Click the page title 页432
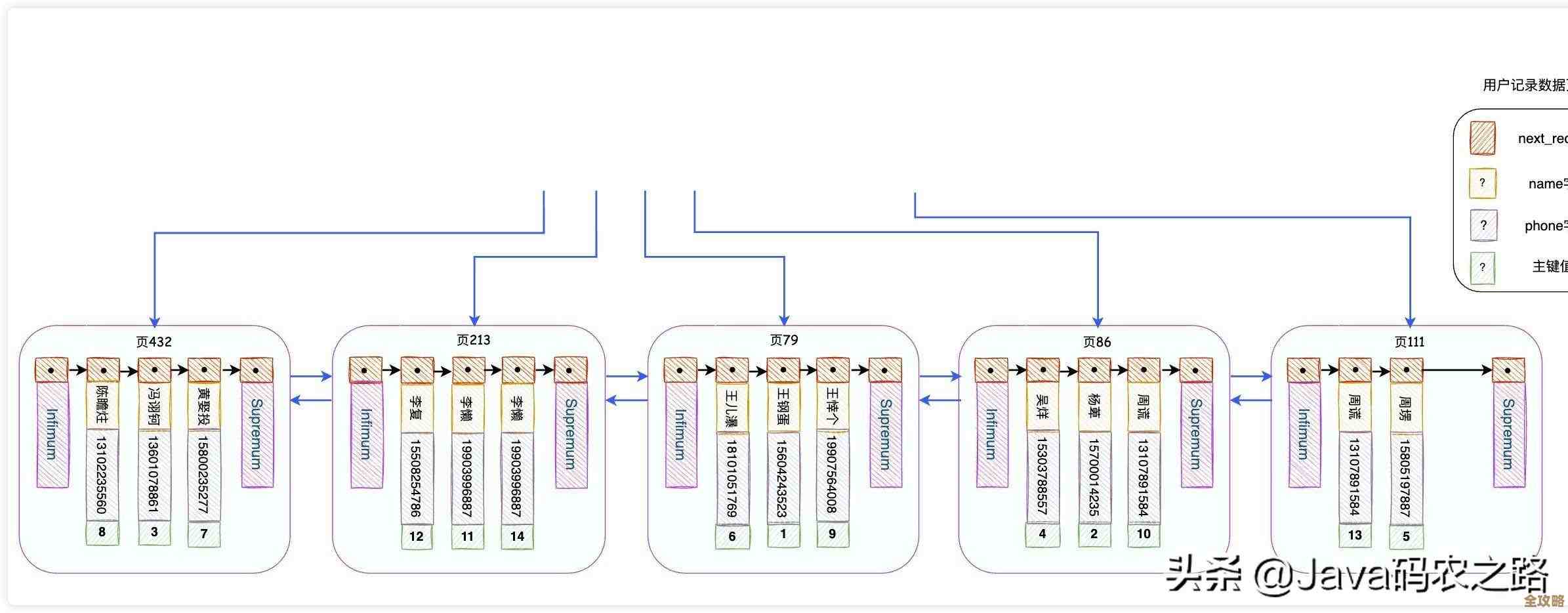154,342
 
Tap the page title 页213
474,340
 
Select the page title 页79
784,340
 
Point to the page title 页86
1097,342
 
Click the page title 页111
1409,342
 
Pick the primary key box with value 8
102,532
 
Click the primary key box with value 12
417,536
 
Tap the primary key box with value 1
783,534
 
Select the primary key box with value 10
1144,534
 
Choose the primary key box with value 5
1406,536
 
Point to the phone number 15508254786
417,477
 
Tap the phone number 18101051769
732,478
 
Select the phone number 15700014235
1094,477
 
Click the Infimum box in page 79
680,434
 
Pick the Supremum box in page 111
1508,434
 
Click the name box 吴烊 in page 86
1042,407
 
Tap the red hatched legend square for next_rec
1482,138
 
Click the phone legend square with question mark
1483,225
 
